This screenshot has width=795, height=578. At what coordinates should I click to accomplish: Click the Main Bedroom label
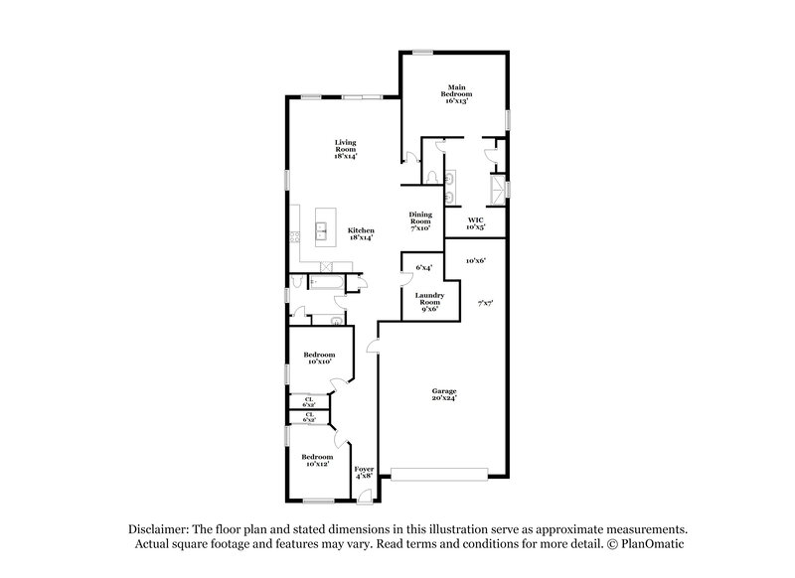(455, 94)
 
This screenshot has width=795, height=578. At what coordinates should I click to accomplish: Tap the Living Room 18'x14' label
(345, 149)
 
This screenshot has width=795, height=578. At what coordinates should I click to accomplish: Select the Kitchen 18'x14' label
(360, 233)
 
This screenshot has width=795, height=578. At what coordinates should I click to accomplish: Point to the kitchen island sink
(323, 230)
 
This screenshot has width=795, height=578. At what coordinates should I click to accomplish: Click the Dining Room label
(420, 220)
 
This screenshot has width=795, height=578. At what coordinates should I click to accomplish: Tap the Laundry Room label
(429, 301)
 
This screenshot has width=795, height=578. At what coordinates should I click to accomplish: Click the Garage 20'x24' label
(444, 394)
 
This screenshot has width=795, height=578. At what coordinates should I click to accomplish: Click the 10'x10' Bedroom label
(319, 358)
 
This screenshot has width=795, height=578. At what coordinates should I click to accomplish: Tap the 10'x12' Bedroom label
(319, 460)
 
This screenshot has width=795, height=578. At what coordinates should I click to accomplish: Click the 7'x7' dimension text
(485, 302)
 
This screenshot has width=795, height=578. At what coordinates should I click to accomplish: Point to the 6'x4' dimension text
(423, 266)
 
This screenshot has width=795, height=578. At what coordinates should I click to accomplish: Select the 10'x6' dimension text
(485, 260)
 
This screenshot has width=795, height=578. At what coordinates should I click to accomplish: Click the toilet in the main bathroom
(431, 175)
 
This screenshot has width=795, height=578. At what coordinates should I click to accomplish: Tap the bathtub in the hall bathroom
(325, 283)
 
